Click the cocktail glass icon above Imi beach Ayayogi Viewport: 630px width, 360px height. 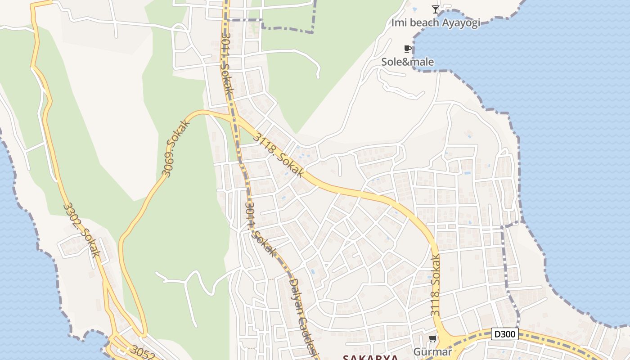(x=435, y=9)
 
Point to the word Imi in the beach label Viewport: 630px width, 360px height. (x=398, y=22)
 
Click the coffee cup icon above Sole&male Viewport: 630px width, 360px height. (x=407, y=49)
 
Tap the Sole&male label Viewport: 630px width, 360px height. (x=408, y=62)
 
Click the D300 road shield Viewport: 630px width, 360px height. (x=504, y=334)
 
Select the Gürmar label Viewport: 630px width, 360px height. (x=432, y=351)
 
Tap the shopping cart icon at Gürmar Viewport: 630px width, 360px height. (x=432, y=338)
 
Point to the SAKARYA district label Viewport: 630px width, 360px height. (x=370, y=357)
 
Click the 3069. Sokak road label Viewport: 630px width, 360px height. (x=175, y=147)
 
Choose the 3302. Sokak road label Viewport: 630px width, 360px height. (x=82, y=229)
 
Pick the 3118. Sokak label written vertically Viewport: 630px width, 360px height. (x=435, y=285)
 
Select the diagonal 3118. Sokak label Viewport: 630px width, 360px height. (x=278, y=154)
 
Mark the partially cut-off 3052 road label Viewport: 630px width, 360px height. (x=143, y=354)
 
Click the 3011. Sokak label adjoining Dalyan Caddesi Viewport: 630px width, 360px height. (x=260, y=229)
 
